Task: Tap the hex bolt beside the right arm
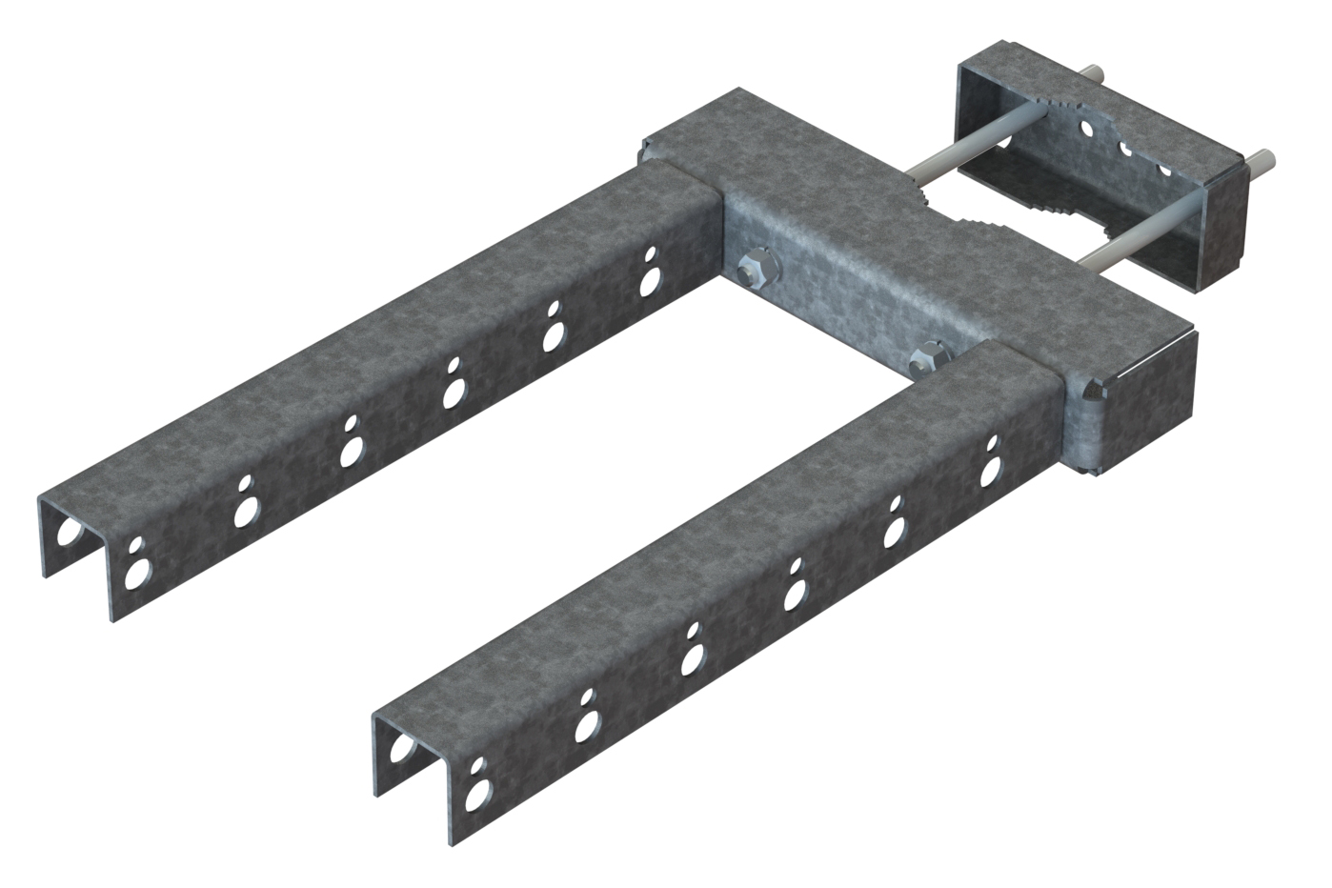tap(927, 360)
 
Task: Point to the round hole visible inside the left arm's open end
tap(69, 532)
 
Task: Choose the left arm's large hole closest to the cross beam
tap(650, 281)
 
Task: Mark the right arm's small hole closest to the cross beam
tap(992, 443)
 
